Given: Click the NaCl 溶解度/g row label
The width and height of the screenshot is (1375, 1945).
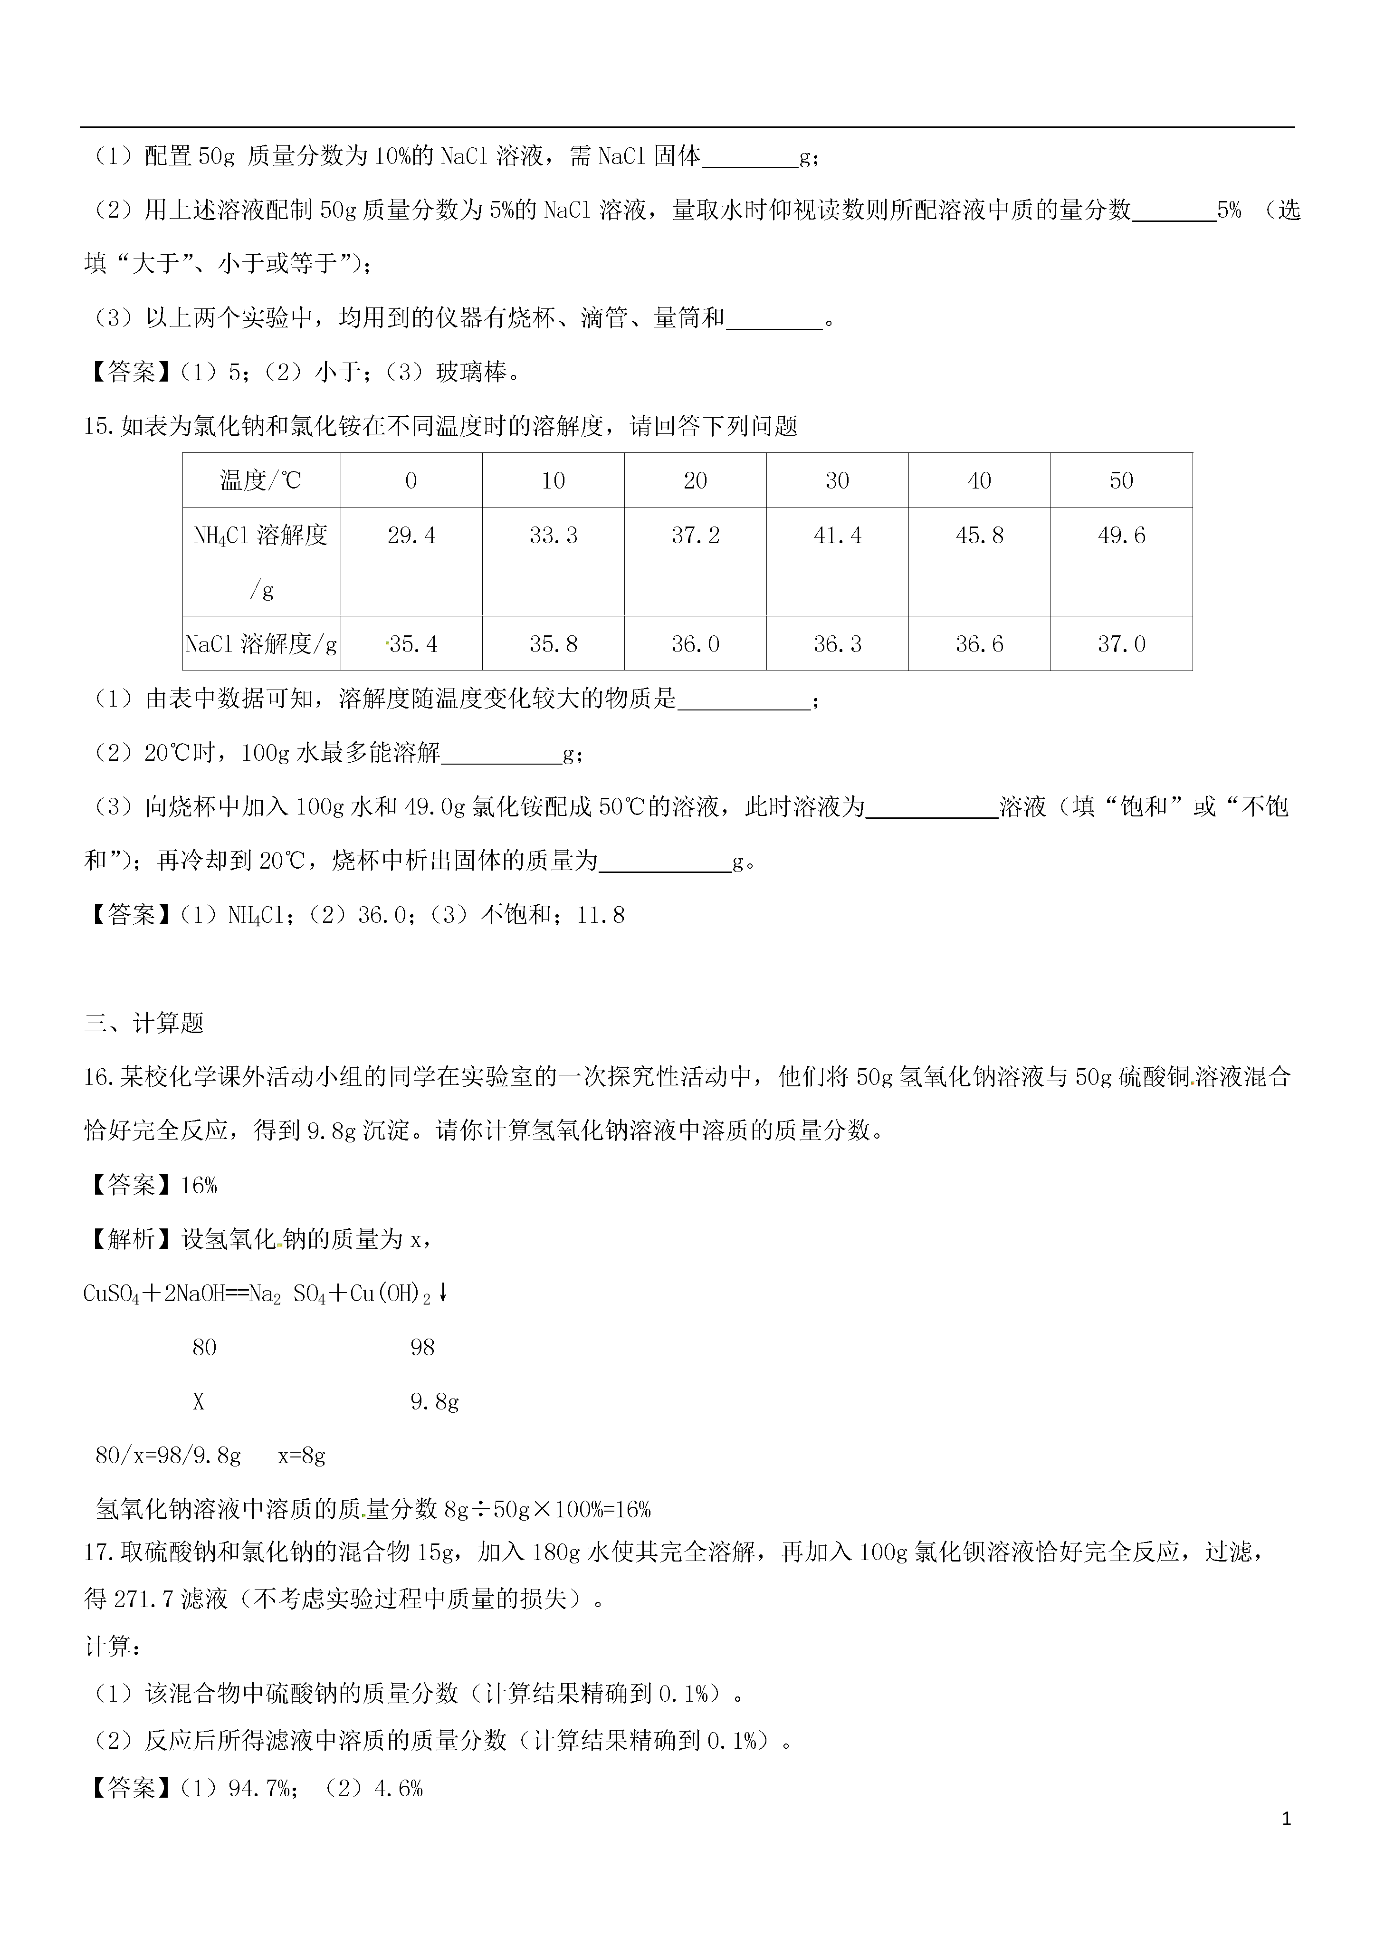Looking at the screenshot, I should pos(261,644).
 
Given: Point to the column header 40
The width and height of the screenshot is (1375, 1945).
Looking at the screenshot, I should pos(979,480).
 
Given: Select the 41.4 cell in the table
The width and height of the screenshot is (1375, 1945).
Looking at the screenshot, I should pos(837,536).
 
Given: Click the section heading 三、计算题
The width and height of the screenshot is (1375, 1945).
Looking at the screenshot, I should pos(144,1023).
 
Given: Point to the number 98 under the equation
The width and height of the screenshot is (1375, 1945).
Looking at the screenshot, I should pos(422,1347).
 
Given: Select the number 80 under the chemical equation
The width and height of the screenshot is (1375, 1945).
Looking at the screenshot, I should pos(204,1347).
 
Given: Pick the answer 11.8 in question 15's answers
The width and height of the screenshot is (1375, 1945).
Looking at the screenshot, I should pos(601,915).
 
